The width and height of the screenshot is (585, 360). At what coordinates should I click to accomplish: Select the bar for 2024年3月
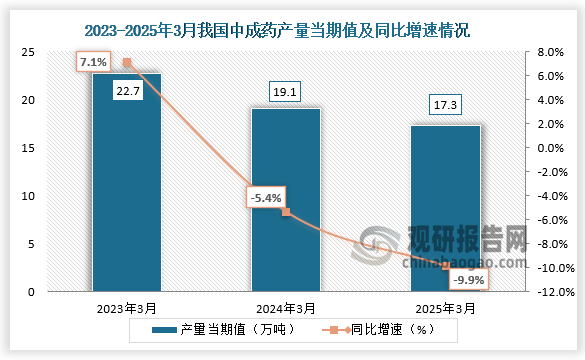(286, 200)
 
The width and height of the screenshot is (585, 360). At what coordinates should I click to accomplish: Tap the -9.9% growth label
(466, 280)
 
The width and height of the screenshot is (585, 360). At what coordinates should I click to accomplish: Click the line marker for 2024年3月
(286, 212)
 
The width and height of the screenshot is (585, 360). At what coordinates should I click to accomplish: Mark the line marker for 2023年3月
(127, 62)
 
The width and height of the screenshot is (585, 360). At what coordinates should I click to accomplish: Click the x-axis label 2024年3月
(286, 308)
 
